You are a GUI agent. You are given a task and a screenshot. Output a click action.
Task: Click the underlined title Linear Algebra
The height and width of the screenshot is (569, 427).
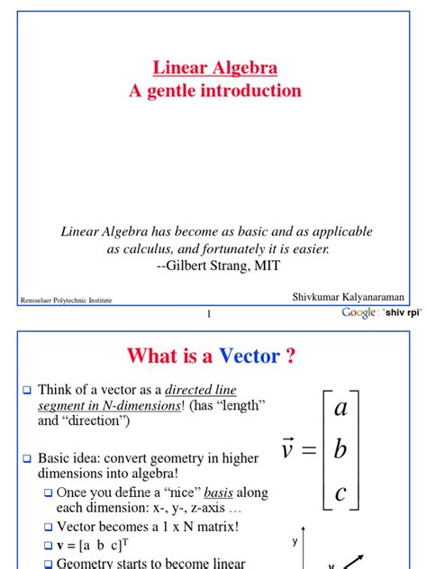tap(213, 68)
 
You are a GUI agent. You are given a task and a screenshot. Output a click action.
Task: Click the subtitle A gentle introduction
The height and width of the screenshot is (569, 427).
tap(213, 91)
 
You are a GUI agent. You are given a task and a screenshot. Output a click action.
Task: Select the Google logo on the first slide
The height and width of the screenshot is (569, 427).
tap(359, 312)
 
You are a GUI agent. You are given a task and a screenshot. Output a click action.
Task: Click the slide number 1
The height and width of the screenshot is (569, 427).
tap(209, 314)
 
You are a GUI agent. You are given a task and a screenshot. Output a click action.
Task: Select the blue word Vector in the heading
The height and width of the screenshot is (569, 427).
tap(246, 357)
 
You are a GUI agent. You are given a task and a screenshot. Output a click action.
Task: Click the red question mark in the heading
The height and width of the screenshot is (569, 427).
tap(291, 357)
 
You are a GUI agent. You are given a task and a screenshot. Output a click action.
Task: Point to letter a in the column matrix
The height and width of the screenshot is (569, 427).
tap(340, 409)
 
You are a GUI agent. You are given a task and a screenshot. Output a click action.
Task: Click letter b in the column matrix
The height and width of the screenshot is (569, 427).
tap(340, 450)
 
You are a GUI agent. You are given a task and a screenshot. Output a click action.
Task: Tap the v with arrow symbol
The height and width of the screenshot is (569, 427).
tap(287, 448)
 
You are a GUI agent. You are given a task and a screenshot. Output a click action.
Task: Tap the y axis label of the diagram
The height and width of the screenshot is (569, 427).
tap(294, 542)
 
